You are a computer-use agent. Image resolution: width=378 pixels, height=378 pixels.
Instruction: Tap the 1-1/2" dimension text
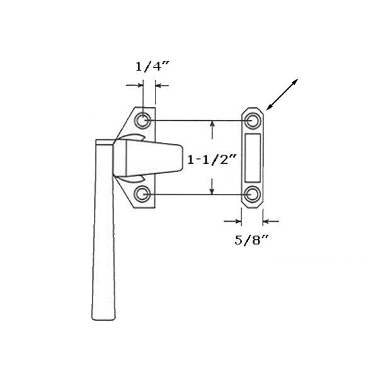point(211,160)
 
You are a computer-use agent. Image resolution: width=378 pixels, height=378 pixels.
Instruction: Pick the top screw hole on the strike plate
point(253,120)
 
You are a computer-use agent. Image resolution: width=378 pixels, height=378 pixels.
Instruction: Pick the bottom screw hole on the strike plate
point(253,193)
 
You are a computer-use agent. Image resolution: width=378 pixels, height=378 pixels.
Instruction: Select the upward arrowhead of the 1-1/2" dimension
point(213,125)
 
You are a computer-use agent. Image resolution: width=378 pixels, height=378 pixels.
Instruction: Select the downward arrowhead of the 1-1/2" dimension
point(213,188)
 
